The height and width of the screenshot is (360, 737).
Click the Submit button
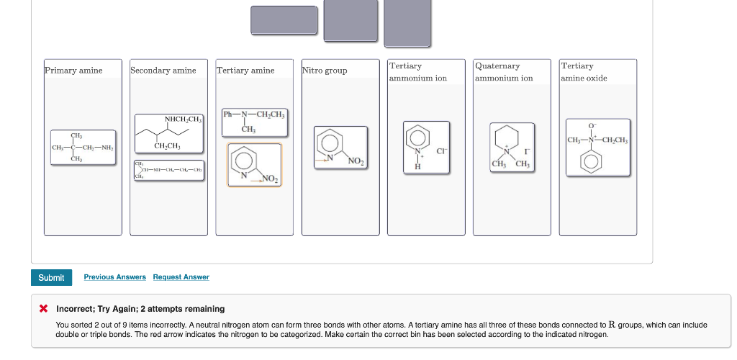click(51, 277)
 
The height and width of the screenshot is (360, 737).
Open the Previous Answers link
click(114, 277)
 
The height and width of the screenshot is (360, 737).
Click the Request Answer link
click(181, 277)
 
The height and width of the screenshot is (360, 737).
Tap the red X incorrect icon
click(44, 309)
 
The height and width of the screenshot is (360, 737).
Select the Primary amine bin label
click(73, 71)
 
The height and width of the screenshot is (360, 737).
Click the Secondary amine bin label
click(163, 71)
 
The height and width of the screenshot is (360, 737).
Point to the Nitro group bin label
click(325, 71)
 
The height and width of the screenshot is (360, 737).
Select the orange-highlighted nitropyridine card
click(255, 165)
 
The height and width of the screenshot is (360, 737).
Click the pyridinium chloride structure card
click(426, 148)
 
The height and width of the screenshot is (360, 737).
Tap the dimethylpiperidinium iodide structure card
click(512, 148)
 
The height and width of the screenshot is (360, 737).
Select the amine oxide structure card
click(597, 147)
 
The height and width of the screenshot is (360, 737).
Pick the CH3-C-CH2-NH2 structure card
click(83, 148)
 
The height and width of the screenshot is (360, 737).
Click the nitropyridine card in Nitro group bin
click(340, 148)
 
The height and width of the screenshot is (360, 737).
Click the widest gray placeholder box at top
click(284, 19)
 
